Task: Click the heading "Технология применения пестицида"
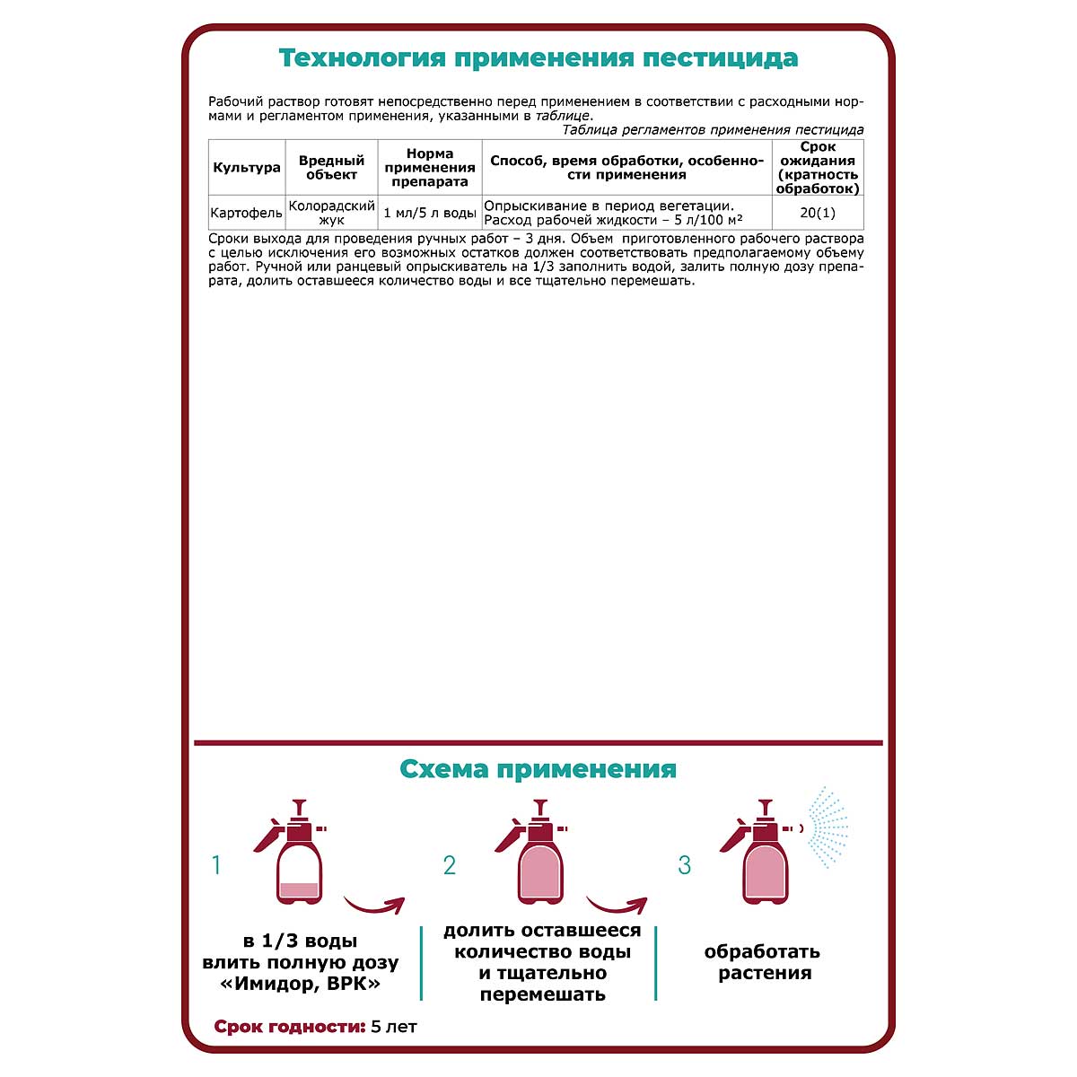pyautogui.click(x=538, y=58)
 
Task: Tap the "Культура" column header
pyautogui.click(x=247, y=168)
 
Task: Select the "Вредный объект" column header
pyautogui.click(x=331, y=168)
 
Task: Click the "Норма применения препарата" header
pyautogui.click(x=430, y=168)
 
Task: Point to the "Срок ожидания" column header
pyautogui.click(x=818, y=168)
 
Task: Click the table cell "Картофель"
pyautogui.click(x=247, y=214)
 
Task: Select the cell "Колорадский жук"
pyautogui.click(x=331, y=213)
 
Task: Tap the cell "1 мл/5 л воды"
pyautogui.click(x=430, y=214)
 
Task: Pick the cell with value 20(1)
pyautogui.click(x=818, y=214)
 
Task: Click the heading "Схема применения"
pyautogui.click(x=538, y=770)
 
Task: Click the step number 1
pyautogui.click(x=216, y=865)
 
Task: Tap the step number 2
pyautogui.click(x=450, y=865)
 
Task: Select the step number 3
pyautogui.click(x=685, y=865)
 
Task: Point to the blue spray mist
pyautogui.click(x=827, y=827)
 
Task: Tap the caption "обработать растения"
pyautogui.click(x=764, y=962)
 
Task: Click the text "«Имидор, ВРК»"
pyautogui.click(x=301, y=984)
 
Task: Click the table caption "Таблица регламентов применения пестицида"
pyautogui.click(x=713, y=130)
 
